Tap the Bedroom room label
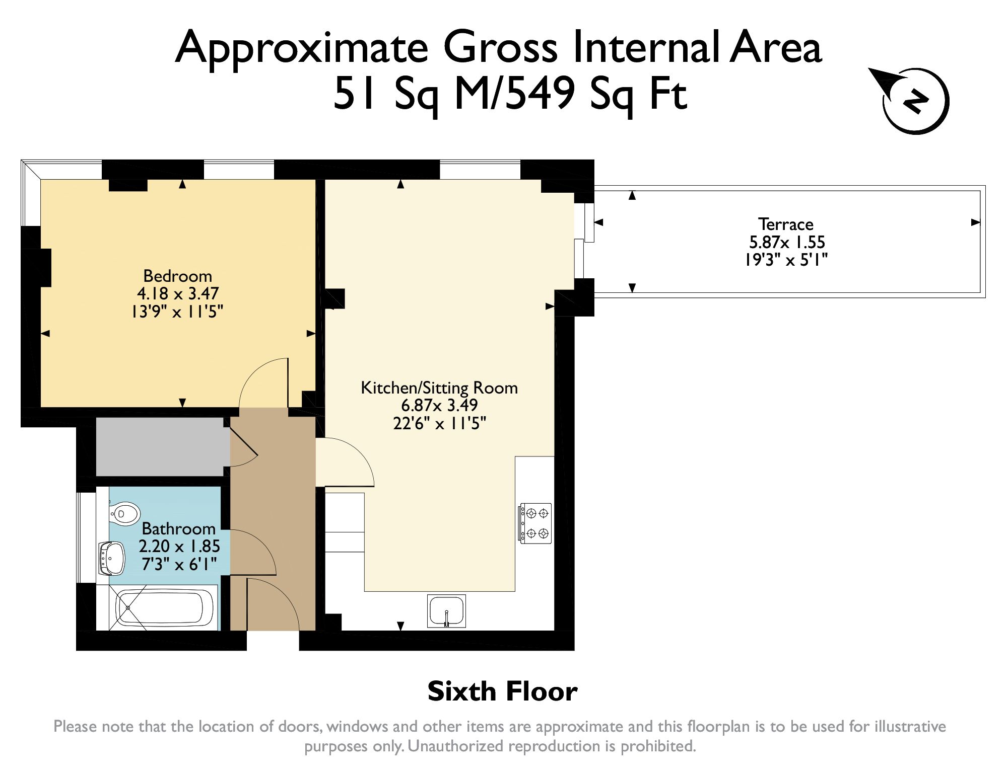pyautogui.click(x=178, y=276)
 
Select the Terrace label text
pyautogui.click(x=786, y=224)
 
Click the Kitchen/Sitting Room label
pyautogui.click(x=439, y=387)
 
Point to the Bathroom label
pyautogui.click(x=178, y=528)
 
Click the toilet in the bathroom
pyautogui.click(x=124, y=514)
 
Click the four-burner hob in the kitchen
pyautogui.click(x=535, y=523)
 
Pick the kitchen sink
pyautogui.click(x=446, y=611)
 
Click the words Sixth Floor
pyautogui.click(x=502, y=691)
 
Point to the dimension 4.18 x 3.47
pyautogui.click(x=178, y=293)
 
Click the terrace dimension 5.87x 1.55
pyautogui.click(x=787, y=242)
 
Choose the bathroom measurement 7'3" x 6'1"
pyautogui.click(x=179, y=564)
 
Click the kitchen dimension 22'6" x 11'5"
pyautogui.click(x=439, y=423)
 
